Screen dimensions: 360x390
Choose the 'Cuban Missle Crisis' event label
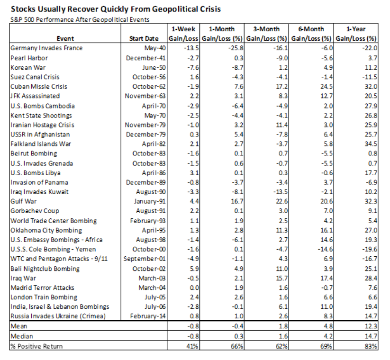39,86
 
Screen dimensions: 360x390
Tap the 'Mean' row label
18,326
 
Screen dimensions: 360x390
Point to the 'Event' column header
65,38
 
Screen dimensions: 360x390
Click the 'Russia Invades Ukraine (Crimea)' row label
57,316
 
